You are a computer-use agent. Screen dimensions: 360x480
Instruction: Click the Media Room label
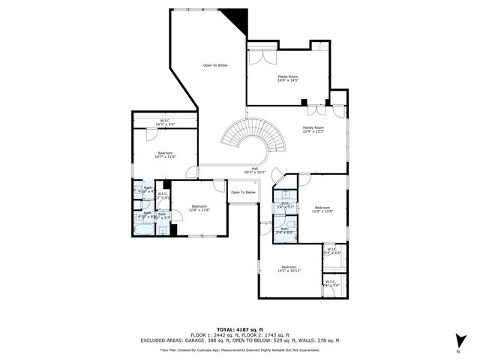tap(289, 77)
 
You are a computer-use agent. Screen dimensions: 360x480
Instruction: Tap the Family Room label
tap(313, 130)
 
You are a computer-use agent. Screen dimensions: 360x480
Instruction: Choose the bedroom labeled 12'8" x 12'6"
tap(199, 208)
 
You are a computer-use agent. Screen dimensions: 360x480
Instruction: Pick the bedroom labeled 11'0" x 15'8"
tap(322, 209)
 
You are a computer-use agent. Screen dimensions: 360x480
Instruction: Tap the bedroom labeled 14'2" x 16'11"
tap(289, 268)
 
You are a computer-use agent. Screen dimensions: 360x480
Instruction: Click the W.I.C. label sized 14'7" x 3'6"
tap(165, 122)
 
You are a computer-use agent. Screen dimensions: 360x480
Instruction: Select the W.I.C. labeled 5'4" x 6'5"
tap(332, 251)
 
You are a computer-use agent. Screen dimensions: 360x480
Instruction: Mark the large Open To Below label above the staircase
tap(215, 65)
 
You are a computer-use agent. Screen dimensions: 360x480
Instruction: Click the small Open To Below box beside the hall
tap(243, 192)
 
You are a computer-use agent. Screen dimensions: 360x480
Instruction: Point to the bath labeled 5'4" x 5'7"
tap(285, 205)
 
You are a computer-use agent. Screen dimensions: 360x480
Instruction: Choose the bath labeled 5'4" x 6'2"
tap(285, 231)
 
